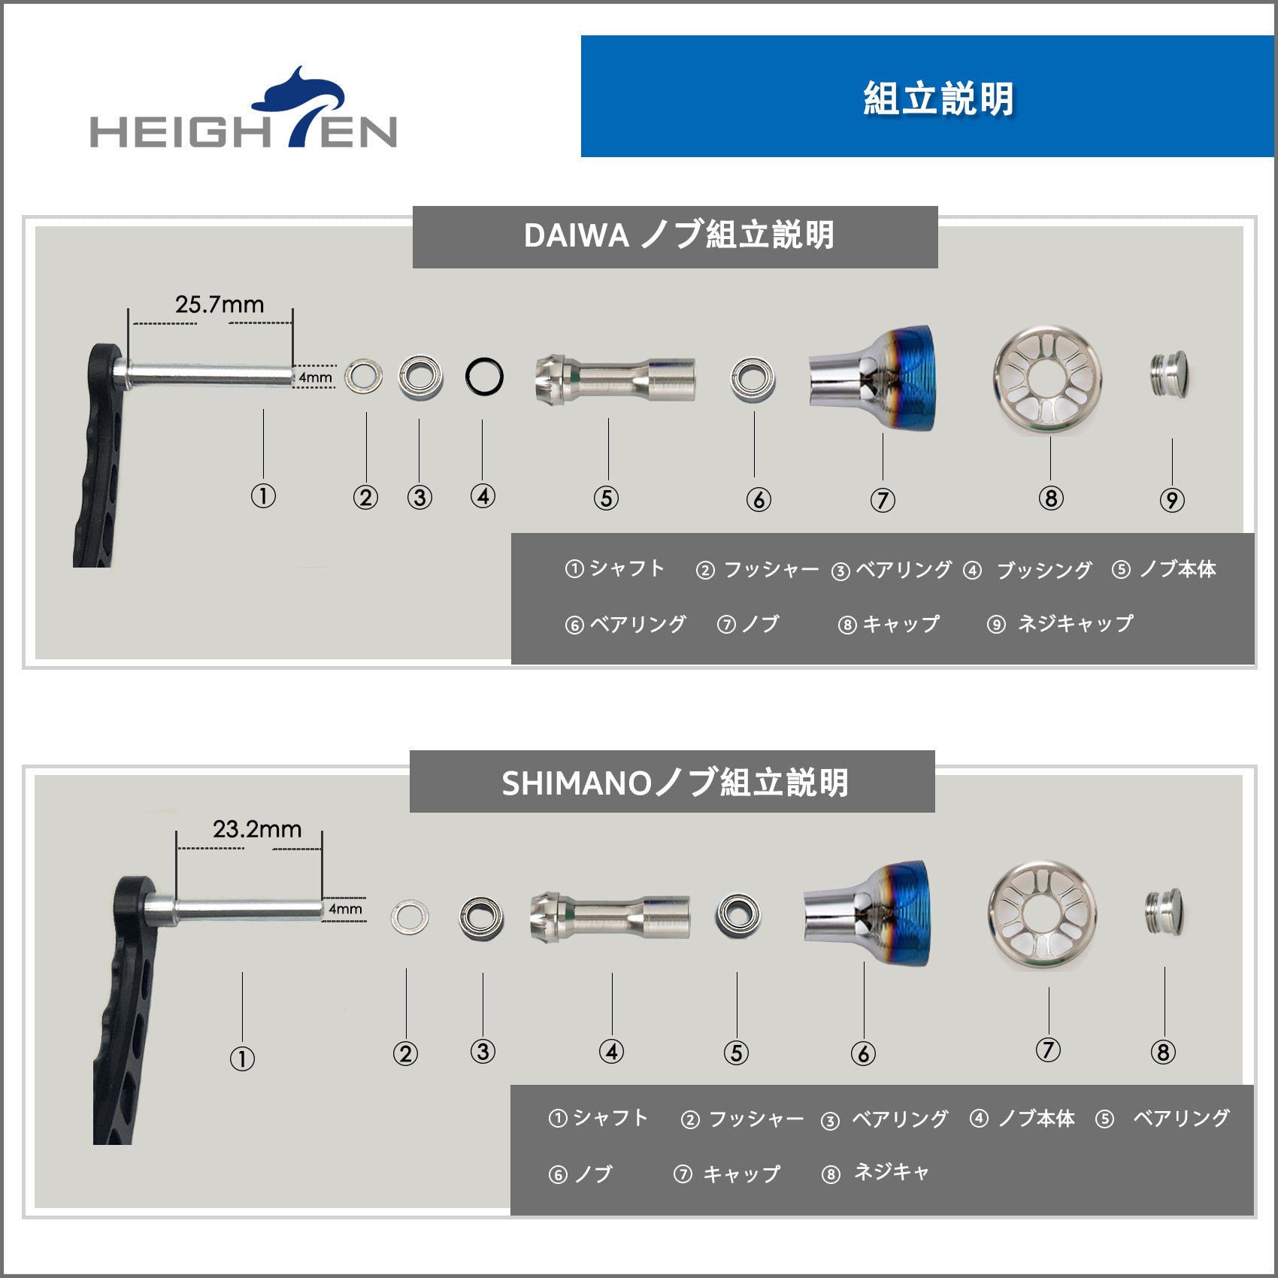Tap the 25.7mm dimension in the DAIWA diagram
pos(220,304)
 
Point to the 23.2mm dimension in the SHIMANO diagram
pos(257,829)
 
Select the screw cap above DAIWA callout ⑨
pos(1170,374)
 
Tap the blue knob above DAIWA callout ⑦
pos(872,377)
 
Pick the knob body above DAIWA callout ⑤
pos(615,378)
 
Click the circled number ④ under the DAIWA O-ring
pos(483,496)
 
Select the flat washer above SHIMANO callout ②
pos(410,916)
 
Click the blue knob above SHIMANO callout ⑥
pos(867,914)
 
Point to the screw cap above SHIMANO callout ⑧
pos(1164,913)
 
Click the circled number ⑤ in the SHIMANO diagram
pos(736,1052)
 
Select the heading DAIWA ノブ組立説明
pos(679,235)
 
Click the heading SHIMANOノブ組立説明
pos(675,783)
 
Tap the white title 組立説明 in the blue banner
pos(939,98)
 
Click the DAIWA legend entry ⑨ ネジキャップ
pos(1060,623)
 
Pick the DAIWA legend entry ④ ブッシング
pos(1028,570)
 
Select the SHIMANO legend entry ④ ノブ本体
pos(1022,1119)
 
